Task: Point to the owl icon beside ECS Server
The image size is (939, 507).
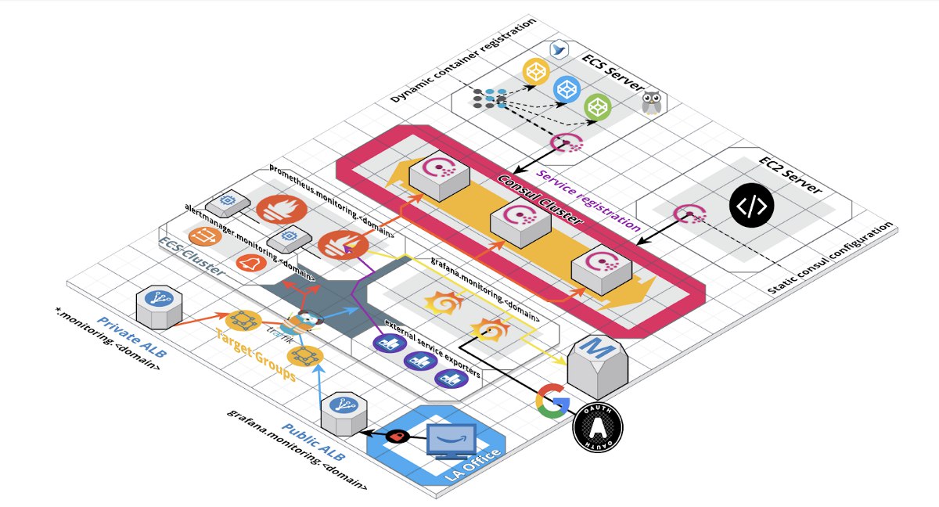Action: click(651, 104)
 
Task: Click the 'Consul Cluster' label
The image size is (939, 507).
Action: click(540, 200)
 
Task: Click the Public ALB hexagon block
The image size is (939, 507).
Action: click(341, 412)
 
